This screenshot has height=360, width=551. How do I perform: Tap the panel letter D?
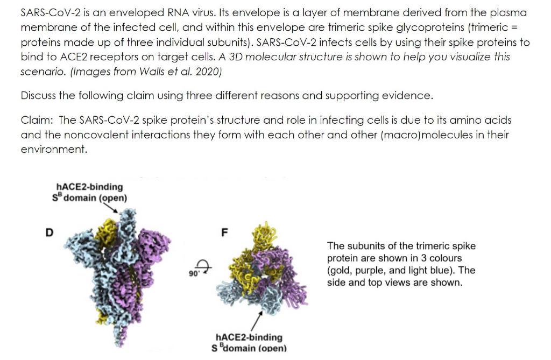pos(49,232)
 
